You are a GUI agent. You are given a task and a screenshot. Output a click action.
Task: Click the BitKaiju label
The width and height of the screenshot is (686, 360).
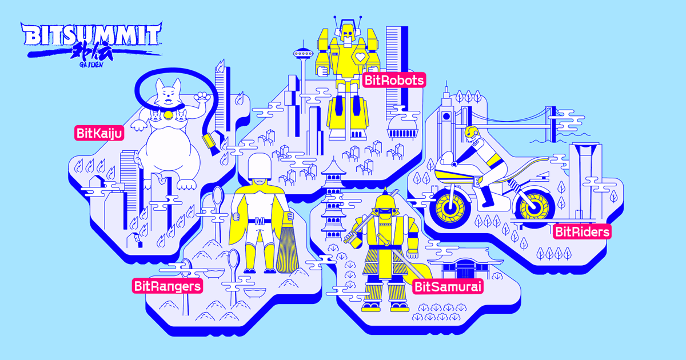click(x=99, y=133)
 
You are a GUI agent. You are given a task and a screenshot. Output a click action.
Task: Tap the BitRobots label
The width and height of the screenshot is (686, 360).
click(x=394, y=80)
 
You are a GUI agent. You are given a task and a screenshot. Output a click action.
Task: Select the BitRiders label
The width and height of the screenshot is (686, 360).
click(x=582, y=232)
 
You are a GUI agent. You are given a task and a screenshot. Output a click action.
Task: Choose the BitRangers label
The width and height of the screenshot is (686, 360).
click(x=167, y=286)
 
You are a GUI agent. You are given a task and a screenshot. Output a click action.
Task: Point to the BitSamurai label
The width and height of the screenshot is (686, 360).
click(x=448, y=287)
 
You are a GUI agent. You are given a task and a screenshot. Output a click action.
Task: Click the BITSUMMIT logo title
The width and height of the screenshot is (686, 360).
click(x=91, y=34)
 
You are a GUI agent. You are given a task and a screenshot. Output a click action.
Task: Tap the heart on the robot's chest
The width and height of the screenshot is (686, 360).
click(x=360, y=57)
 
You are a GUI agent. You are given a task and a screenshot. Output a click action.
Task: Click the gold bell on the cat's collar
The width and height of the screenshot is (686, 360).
click(x=168, y=115)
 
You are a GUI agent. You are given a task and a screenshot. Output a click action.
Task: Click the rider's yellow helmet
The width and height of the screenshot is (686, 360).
click(x=472, y=133)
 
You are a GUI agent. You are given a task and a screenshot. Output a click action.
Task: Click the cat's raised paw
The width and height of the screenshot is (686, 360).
click(x=202, y=97)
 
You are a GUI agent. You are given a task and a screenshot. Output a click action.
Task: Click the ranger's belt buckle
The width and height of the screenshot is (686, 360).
click(x=260, y=221)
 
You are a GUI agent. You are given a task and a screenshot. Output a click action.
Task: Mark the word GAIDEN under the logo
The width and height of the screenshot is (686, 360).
click(x=91, y=65)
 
